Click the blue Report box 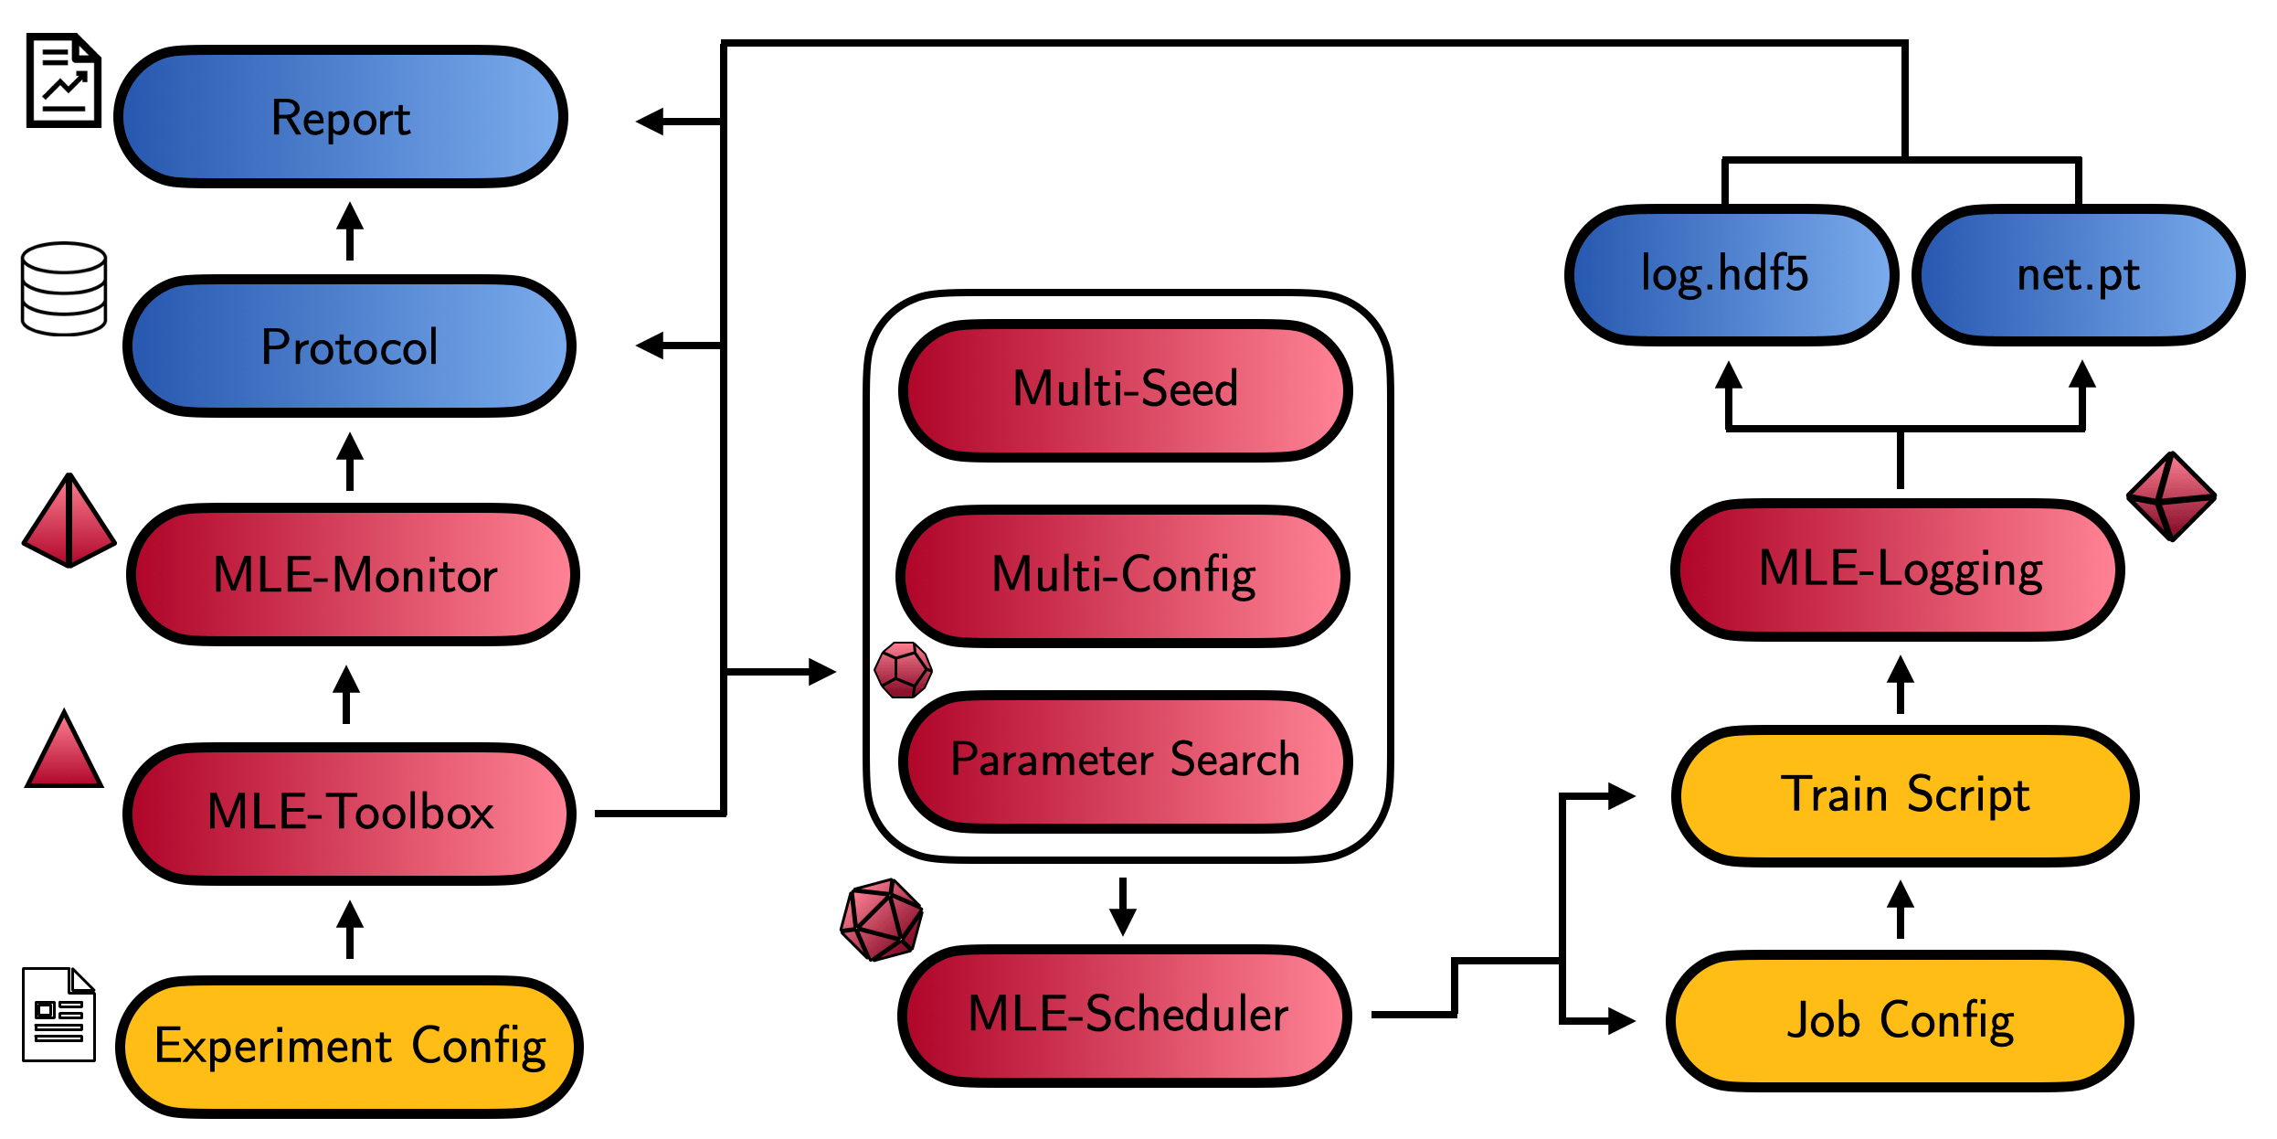pyautogui.click(x=341, y=117)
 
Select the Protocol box pyautogui.click(x=349, y=346)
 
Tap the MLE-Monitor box pyautogui.click(x=354, y=575)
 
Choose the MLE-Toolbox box pyautogui.click(x=350, y=813)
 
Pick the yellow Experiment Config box pyautogui.click(x=350, y=1047)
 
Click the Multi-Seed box pyautogui.click(x=1126, y=389)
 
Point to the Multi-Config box pyautogui.click(x=1124, y=576)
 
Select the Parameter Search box pyautogui.click(x=1126, y=761)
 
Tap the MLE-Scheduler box pyautogui.click(x=1126, y=1015)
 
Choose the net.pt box pyautogui.click(x=2078, y=275)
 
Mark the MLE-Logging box pyautogui.click(x=1899, y=569)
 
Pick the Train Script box pyautogui.click(x=1904, y=795)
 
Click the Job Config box pyautogui.click(x=1901, y=1021)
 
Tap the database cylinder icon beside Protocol pyautogui.click(x=64, y=289)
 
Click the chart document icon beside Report pyautogui.click(x=63, y=80)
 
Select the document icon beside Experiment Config pyautogui.click(x=58, y=1014)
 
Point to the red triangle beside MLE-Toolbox pyautogui.click(x=64, y=751)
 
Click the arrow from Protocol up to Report pyautogui.click(x=349, y=231)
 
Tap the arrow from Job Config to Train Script pyautogui.click(x=1901, y=909)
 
